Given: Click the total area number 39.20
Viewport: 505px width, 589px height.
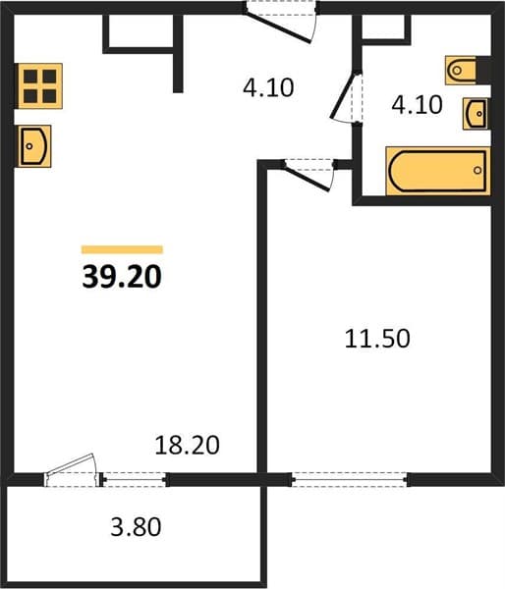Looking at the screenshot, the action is tap(122, 277).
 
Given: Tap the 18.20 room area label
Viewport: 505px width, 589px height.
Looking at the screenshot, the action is tap(187, 445).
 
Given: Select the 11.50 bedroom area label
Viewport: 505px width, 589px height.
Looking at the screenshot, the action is tap(377, 339).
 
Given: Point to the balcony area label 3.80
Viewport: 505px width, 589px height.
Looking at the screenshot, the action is tap(136, 526).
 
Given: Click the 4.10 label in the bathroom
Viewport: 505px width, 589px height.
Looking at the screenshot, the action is tap(417, 105).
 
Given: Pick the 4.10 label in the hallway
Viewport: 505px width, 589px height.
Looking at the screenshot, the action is tap(268, 88).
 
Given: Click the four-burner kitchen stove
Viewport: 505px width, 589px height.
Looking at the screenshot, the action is tap(38, 86).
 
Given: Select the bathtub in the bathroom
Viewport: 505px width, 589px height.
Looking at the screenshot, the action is tap(438, 171).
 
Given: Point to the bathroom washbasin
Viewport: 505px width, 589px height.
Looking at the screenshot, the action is tap(477, 114).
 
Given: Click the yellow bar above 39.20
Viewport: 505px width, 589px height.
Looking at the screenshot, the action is tap(122, 249).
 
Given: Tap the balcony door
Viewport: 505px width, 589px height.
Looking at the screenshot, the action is tap(72, 469).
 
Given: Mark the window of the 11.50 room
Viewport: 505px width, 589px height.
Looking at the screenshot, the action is tap(350, 480).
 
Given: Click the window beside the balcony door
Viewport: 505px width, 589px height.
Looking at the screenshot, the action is tap(135, 480).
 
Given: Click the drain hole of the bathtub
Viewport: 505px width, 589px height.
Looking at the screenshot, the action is tap(477, 170).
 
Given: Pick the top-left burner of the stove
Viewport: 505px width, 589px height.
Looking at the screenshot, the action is tap(30, 77).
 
